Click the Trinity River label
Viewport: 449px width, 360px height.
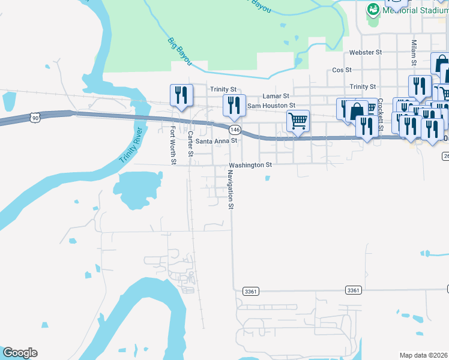(133, 146)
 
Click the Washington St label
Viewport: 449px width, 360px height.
(250, 164)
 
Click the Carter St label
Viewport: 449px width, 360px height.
(190, 144)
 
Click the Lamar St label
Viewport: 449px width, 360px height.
(276, 96)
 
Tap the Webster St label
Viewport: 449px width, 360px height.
(366, 53)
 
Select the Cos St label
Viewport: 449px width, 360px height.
(342, 70)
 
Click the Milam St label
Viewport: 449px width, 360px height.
(414, 53)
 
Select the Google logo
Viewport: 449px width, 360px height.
(20, 353)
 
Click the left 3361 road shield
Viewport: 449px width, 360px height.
(251, 290)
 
